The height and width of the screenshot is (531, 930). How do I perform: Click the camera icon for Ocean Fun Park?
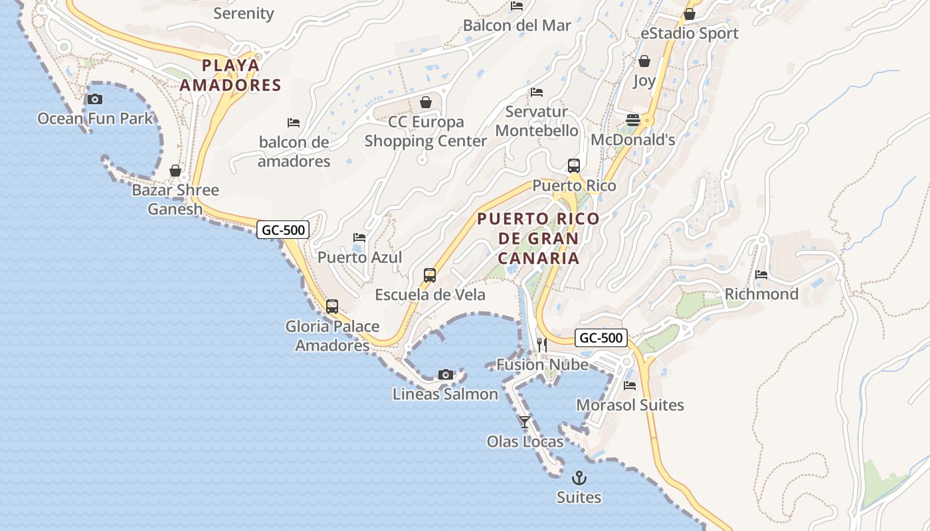click(x=95, y=99)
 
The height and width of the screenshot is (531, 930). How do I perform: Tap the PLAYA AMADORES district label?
click(x=231, y=75)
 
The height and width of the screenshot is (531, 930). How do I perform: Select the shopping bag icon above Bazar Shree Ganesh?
click(x=175, y=171)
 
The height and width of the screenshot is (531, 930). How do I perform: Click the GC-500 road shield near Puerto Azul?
click(x=283, y=230)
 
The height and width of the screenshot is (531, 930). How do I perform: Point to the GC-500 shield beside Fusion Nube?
click(x=601, y=338)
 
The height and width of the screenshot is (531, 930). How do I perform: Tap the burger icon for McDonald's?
click(x=633, y=120)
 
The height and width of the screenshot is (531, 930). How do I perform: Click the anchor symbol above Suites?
click(x=579, y=478)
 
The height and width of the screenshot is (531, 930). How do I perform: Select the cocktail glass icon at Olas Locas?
click(x=525, y=421)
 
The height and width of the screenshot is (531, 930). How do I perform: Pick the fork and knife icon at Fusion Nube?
click(x=542, y=344)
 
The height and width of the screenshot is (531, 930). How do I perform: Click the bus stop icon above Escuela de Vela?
click(x=430, y=275)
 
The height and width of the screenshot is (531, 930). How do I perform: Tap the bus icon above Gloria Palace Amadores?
click(x=332, y=307)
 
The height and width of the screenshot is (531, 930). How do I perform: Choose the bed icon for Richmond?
click(x=761, y=274)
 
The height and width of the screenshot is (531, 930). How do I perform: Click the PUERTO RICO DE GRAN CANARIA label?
click(x=538, y=238)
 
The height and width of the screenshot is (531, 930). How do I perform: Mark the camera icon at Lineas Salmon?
click(x=446, y=374)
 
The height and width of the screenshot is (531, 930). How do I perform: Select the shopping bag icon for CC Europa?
click(x=426, y=102)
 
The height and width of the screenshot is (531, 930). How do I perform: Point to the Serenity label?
click(x=244, y=13)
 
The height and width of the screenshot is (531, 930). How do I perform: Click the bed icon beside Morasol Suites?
click(x=630, y=385)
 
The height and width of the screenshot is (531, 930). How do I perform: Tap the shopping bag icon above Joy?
click(x=644, y=61)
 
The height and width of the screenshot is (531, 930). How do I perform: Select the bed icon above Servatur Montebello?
click(x=537, y=92)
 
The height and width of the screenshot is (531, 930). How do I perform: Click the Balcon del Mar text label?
click(x=517, y=25)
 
